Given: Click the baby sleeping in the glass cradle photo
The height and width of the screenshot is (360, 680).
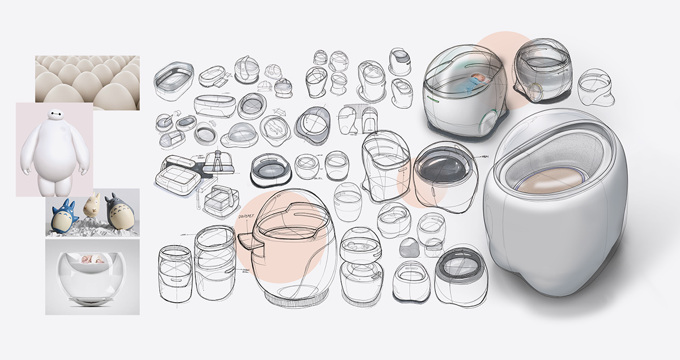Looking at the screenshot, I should pos(92,259).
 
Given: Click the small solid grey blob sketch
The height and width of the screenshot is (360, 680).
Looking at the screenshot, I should pos(409,248).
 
